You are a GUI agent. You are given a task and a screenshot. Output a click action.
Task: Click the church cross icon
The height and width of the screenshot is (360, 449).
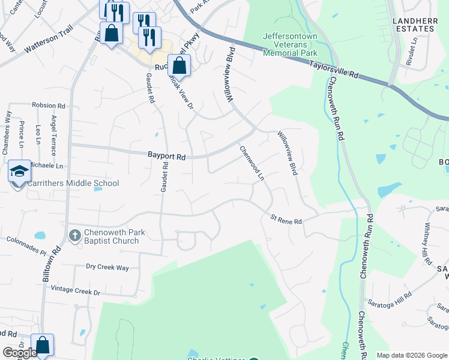74,234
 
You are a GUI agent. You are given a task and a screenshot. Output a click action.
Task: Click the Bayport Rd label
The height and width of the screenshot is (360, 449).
167,155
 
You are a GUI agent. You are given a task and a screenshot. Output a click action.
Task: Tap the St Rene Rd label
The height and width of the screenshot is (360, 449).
286,220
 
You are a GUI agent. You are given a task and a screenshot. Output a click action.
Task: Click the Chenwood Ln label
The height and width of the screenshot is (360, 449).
252,163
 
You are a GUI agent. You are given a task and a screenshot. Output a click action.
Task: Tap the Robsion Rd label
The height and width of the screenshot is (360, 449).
49,105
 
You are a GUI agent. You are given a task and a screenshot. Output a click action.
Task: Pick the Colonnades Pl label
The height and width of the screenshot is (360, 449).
26,245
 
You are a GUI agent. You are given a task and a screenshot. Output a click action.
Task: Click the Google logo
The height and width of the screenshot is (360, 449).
20,353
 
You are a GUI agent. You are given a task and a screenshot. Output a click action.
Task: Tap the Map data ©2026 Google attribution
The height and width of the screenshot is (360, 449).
411,355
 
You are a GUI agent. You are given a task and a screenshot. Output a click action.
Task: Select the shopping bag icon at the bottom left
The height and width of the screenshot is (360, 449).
42,345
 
